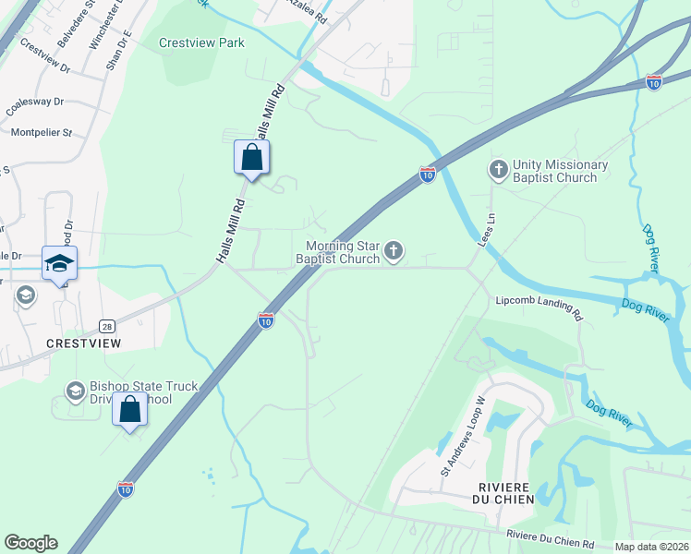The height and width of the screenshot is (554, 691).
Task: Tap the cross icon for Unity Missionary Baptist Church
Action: [498, 170]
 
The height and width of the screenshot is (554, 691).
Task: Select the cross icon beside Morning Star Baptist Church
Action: [394, 250]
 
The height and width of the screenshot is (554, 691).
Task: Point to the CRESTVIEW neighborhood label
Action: [84, 343]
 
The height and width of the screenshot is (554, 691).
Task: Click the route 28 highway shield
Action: [107, 327]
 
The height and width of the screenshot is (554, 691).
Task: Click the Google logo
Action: [30, 543]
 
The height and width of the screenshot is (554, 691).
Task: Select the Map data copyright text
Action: [650, 547]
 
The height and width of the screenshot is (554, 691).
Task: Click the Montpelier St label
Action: [42, 133]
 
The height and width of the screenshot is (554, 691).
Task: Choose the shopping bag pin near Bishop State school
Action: [130, 409]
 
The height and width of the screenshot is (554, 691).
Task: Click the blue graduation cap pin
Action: [59, 263]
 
